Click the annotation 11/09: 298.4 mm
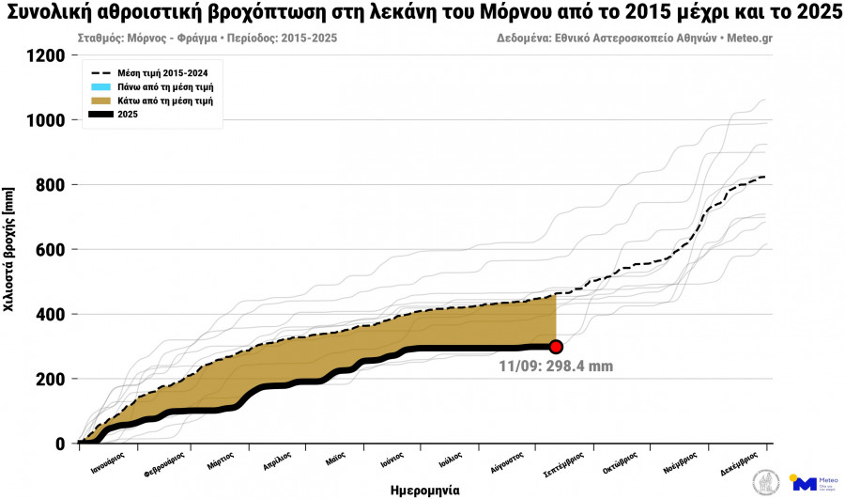pyautogui.click(x=556, y=366)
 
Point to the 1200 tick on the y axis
pyautogui.click(x=47, y=55)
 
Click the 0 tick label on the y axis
pyautogui.click(x=60, y=444)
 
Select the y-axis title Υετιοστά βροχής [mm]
pyautogui.click(x=9, y=249)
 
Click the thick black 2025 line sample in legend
pyautogui.click(x=100, y=114)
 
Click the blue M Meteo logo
pyautogui.click(x=804, y=483)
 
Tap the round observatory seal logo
pyautogui.click(x=766, y=483)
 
